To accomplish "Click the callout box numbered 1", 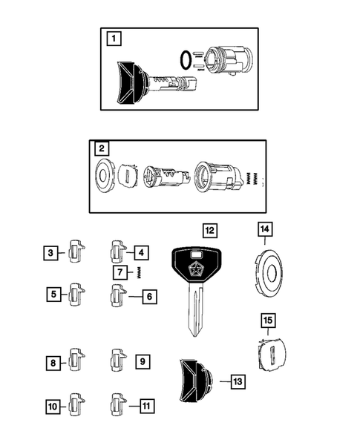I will [112, 38].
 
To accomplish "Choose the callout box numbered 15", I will [266, 321].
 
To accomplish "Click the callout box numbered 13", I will [237, 381].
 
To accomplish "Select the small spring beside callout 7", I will [137, 273].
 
